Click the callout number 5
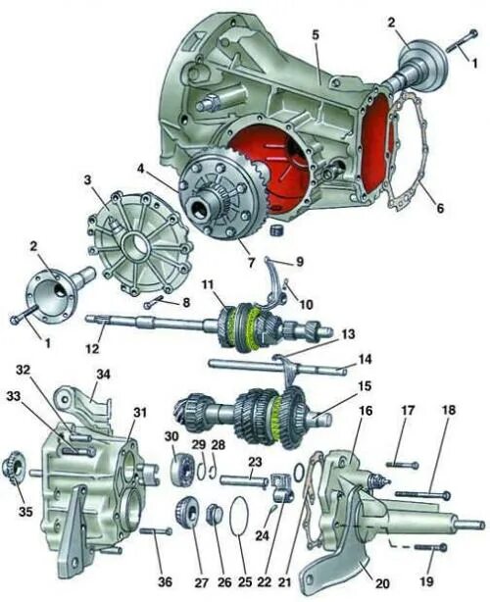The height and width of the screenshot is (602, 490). click(x=316, y=34)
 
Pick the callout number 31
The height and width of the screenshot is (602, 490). click(x=142, y=412)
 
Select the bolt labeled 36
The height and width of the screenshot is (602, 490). click(x=156, y=532)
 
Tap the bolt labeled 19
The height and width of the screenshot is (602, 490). click(x=426, y=547)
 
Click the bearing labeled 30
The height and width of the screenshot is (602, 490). click(x=181, y=468)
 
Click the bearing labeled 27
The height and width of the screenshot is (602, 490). click(x=188, y=513)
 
